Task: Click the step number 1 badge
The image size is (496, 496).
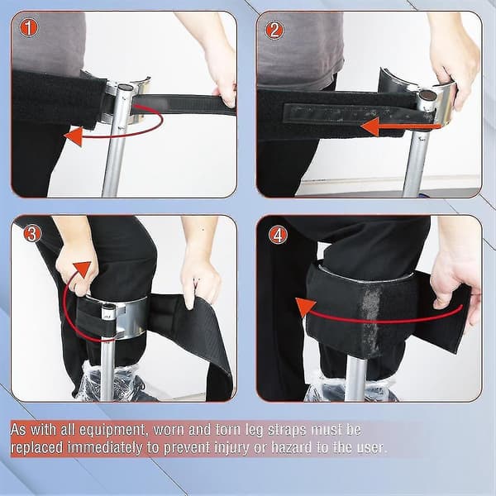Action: pyautogui.click(x=29, y=28)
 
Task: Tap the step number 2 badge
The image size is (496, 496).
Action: pyautogui.click(x=274, y=31)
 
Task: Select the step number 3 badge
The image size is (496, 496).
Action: pyautogui.click(x=32, y=233)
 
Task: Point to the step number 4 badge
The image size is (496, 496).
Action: pyautogui.click(x=278, y=235)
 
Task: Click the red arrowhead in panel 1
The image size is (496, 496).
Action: pyautogui.click(x=74, y=136)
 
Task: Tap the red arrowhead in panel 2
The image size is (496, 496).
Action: pyautogui.click(x=370, y=126)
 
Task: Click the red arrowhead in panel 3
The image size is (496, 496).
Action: pyautogui.click(x=82, y=269)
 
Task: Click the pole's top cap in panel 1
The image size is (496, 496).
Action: pyautogui.click(x=126, y=88)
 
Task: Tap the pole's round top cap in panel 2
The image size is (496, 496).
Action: pyautogui.click(x=427, y=94)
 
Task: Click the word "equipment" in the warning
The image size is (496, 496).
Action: pyautogui.click(x=112, y=430)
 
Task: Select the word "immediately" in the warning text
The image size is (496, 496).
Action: pyautogui.click(x=105, y=448)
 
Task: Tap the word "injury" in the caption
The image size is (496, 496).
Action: pyautogui.click(x=231, y=448)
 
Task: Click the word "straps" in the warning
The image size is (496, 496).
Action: pyautogui.click(x=287, y=430)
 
